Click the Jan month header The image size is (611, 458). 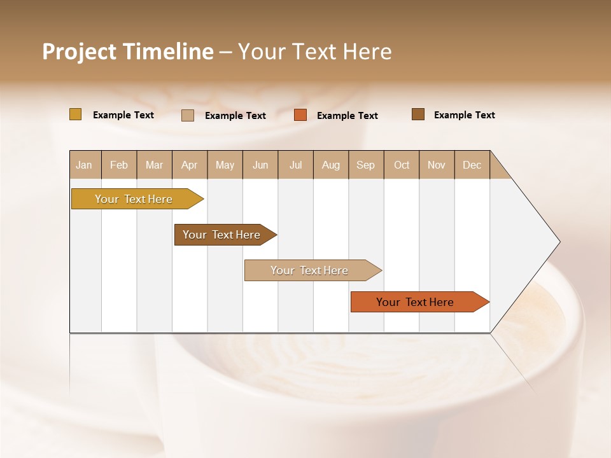tap(84, 165)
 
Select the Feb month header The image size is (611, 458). tap(119, 165)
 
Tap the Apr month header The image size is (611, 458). tap(190, 165)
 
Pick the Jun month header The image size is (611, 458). tap(260, 165)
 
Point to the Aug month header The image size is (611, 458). tap(331, 165)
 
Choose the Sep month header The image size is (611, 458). tap(366, 165)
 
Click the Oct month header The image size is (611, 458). tap(402, 165)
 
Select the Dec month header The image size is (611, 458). tap(472, 165)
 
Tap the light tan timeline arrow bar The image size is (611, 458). tap(310, 270)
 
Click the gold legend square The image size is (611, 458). tap(76, 114)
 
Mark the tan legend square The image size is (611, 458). tap(188, 115)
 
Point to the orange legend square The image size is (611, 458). tap(300, 115)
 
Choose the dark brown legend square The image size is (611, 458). tap(418, 114)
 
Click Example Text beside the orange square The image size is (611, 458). tap(348, 116)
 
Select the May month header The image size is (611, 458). tap(225, 165)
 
